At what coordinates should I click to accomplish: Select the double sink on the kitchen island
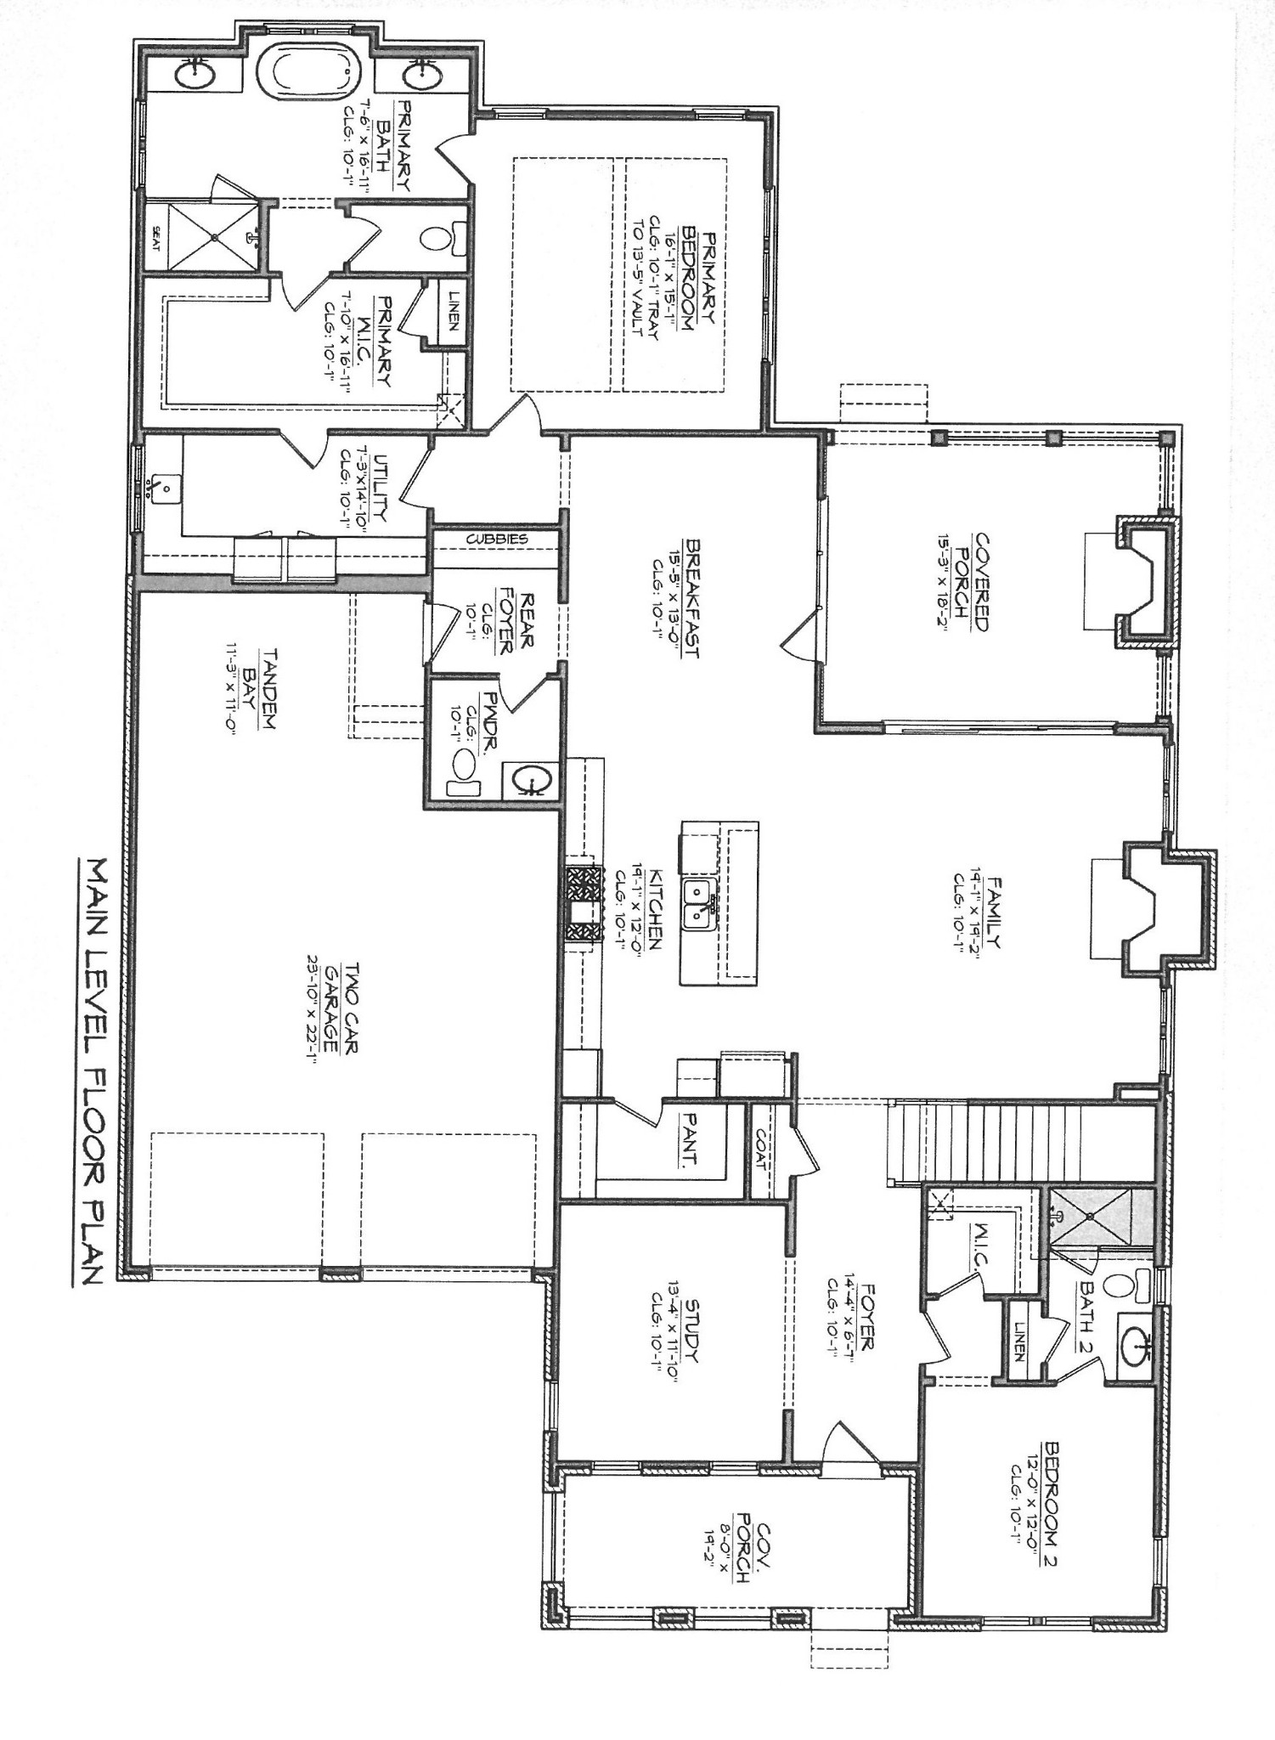tap(702, 903)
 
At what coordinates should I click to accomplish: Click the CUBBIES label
tap(497, 539)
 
